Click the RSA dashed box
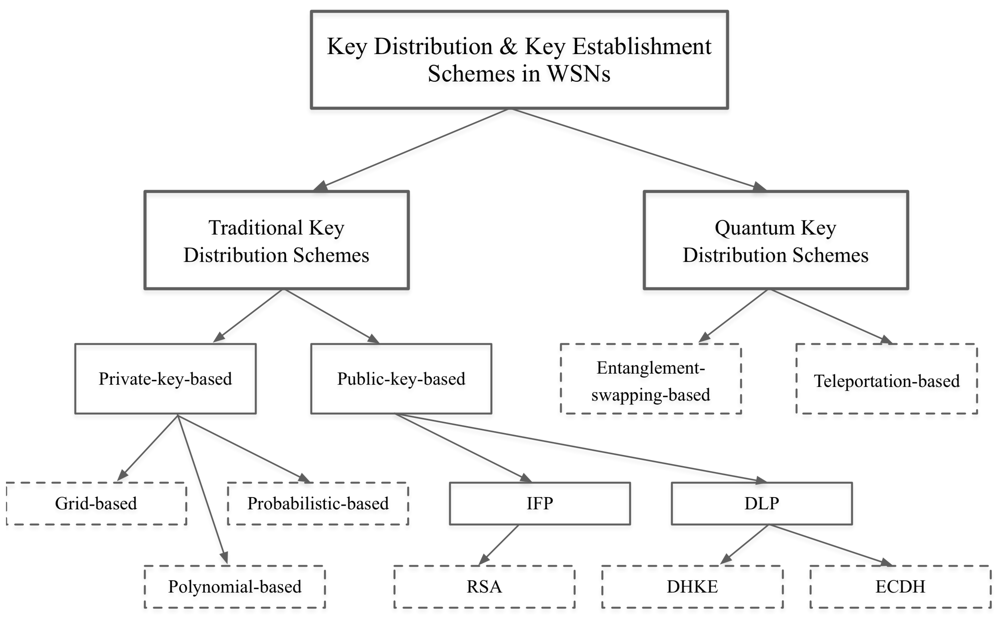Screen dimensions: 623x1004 [484, 586]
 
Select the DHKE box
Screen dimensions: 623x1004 [692, 586]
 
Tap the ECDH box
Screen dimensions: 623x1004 [900, 586]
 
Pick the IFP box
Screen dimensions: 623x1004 [540, 503]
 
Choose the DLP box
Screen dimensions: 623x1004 [761, 503]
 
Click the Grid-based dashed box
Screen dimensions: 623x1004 [96, 503]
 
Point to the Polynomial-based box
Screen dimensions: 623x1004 [234, 586]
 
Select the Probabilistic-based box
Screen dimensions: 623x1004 [318, 503]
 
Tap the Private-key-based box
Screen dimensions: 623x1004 [165, 378]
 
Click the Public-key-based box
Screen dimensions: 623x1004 [401, 378]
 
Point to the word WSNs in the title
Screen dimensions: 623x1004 [578, 74]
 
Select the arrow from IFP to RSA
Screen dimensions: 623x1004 [498, 545]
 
